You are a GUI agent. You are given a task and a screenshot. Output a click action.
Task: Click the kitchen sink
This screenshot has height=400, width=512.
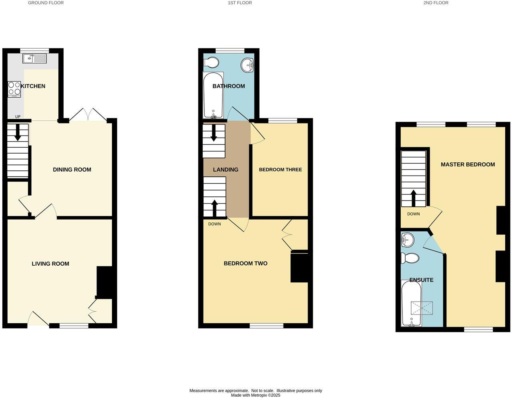point(35,59)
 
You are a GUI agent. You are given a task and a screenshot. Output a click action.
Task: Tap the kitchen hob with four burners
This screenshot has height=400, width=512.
point(14,89)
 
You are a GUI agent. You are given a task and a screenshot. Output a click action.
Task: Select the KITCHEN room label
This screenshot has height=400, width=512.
point(33,86)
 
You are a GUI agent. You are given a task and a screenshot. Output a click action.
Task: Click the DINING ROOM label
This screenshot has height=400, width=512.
point(72,170)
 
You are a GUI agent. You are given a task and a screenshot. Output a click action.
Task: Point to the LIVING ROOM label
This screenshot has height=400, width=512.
point(50,264)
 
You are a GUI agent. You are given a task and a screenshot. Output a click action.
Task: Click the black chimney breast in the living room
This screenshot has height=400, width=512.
point(104,282)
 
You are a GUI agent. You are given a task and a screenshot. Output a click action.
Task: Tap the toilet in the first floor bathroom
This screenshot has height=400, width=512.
point(211,63)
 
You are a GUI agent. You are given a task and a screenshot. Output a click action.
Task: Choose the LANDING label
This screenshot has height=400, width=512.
point(226,170)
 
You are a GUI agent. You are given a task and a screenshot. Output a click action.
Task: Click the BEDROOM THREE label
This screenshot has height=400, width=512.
point(280,170)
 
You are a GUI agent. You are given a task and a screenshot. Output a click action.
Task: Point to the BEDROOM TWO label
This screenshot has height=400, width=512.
point(246,263)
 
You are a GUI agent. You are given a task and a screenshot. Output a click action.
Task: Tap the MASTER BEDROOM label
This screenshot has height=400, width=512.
point(468,164)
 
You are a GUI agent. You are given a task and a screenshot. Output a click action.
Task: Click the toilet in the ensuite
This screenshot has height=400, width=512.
point(410,258)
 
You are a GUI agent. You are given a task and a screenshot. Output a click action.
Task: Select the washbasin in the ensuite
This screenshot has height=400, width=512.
point(408,240)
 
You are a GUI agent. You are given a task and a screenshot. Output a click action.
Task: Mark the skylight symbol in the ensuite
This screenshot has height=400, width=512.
point(422,308)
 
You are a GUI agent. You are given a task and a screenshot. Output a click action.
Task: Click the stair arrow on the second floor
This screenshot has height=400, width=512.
point(413,198)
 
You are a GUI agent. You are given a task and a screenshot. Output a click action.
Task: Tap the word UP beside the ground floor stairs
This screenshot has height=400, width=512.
point(18,117)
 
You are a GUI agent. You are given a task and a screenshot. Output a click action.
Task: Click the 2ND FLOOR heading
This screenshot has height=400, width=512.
point(436,3)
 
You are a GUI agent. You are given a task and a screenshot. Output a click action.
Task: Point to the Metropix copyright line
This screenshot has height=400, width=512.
point(256,395)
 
